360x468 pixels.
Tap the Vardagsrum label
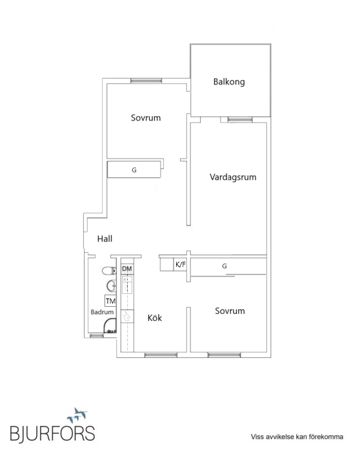pos(228,177)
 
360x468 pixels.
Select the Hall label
pos(105,239)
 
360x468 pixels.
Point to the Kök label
pos(154,317)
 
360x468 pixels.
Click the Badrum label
pos(101,312)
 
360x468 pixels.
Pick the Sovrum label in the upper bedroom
pos(145,118)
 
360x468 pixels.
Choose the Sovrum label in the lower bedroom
pos(230,311)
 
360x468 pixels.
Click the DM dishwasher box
pos(127,268)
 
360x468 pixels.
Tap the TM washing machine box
pos(110,300)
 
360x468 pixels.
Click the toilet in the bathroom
pos(109,271)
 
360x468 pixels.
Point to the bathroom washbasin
pos(111,285)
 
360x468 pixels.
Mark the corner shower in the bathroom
pos(112,326)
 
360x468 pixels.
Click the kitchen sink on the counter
pos(127,283)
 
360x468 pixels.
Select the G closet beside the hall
pos(134,170)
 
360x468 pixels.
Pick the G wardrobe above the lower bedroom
pos(225,266)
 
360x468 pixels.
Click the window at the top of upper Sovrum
pos(146,81)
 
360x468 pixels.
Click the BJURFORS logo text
pos(52,433)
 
